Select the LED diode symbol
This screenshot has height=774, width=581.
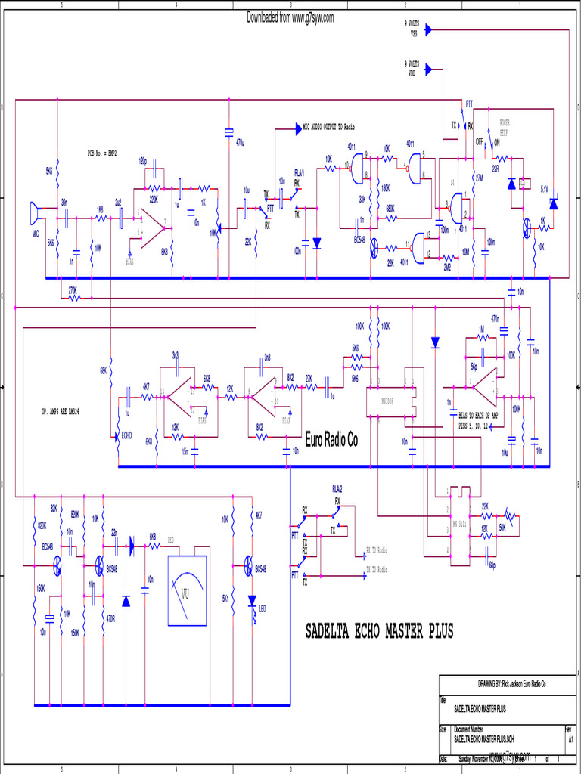click(x=253, y=602)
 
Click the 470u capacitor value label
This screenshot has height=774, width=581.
click(x=240, y=142)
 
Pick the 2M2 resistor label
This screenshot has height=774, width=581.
click(x=447, y=267)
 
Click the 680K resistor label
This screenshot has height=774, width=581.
click(x=390, y=208)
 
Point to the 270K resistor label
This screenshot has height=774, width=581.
click(x=73, y=289)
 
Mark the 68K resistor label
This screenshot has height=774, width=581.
click(x=103, y=370)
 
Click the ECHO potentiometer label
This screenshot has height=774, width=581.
click(x=126, y=436)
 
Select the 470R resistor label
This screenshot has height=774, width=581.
click(x=110, y=618)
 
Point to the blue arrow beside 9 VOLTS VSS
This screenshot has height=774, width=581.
click(x=428, y=30)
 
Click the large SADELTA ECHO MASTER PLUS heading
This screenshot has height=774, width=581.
click(x=379, y=631)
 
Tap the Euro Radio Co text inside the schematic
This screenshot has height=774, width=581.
click(x=331, y=441)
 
